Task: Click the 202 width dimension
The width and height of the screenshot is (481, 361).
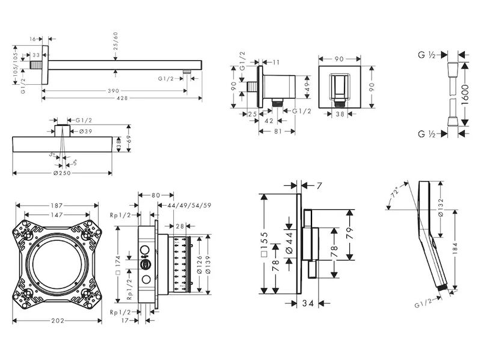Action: (x=58, y=321)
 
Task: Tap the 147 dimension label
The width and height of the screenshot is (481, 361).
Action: (x=58, y=215)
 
